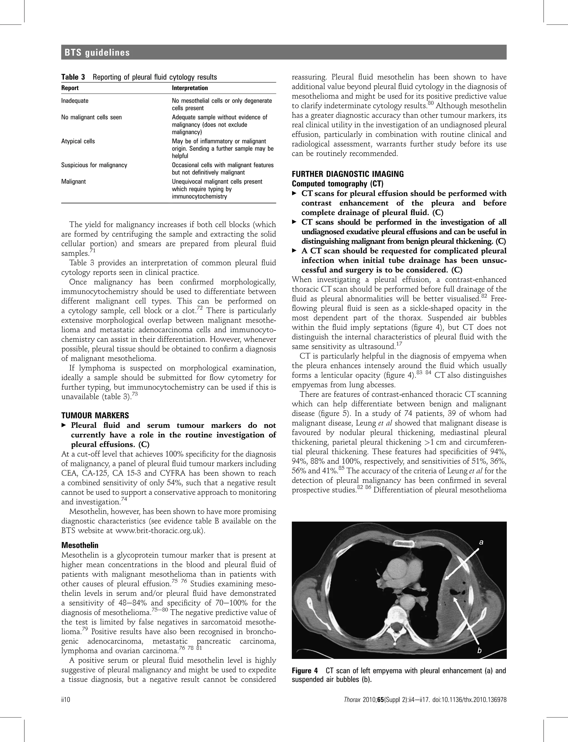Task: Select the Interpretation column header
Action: (190, 88)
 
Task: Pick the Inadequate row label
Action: (74, 101)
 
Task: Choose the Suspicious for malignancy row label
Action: (94, 165)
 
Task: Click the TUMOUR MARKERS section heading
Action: (95, 415)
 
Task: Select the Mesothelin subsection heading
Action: (80, 545)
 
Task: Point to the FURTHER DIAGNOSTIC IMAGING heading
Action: (348, 174)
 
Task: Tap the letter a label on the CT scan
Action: (481, 542)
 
